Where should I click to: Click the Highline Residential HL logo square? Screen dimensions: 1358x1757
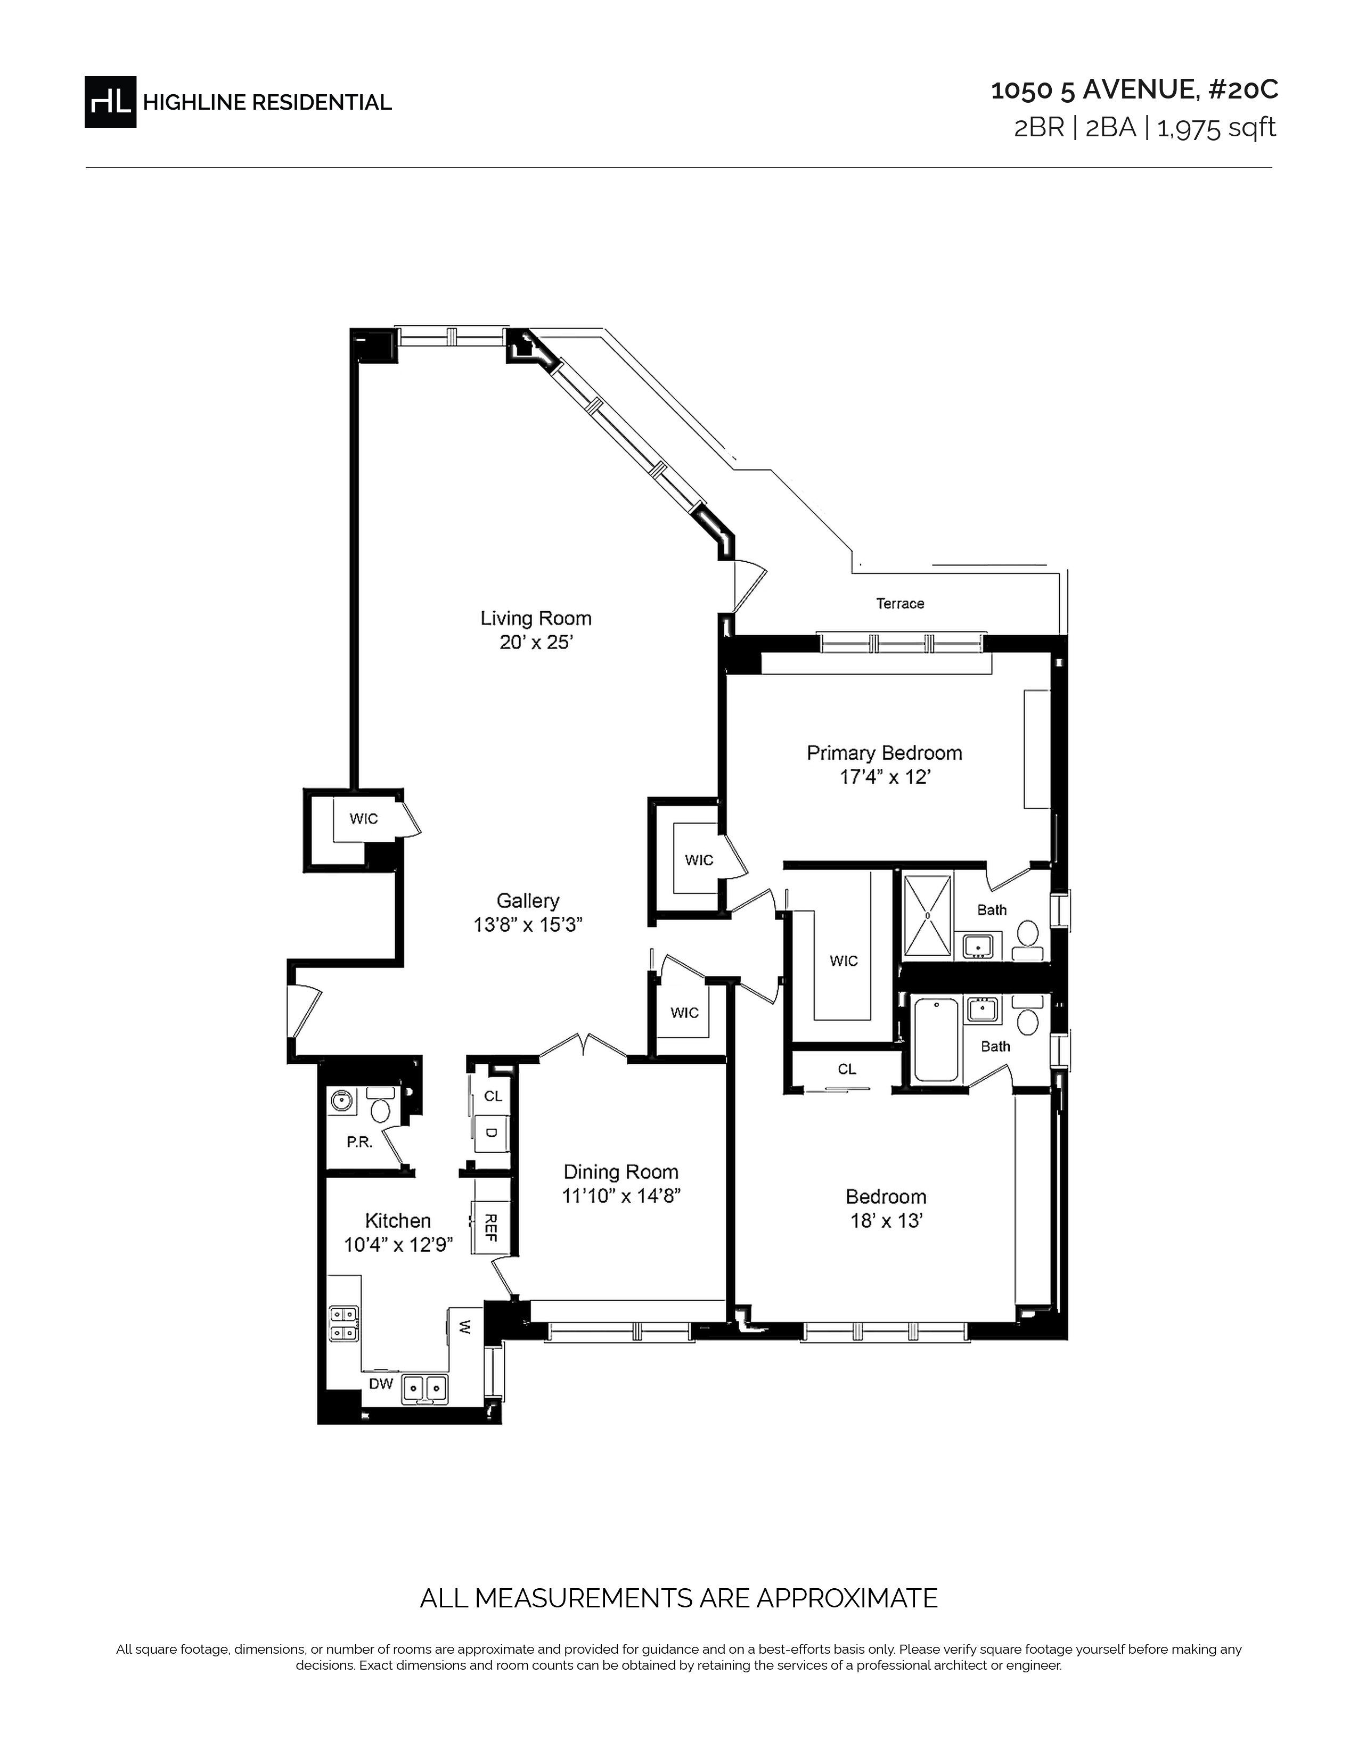(x=110, y=101)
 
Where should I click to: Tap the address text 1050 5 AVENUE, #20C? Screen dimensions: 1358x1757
(x=1134, y=90)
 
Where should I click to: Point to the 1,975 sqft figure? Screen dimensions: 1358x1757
(x=1216, y=128)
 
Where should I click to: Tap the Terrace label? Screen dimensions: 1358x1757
(x=900, y=603)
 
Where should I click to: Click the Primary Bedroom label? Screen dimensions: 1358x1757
(x=884, y=753)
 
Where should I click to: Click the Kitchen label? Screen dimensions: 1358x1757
(x=398, y=1220)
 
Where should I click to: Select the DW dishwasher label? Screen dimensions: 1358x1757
(x=381, y=1384)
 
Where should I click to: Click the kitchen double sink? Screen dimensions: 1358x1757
(x=426, y=1389)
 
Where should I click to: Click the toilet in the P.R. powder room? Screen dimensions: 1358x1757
(x=381, y=1105)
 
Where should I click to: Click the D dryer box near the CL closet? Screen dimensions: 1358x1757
(x=491, y=1134)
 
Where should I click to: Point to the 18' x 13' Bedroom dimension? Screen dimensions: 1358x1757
(x=886, y=1220)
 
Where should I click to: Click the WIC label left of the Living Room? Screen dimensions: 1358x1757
(x=364, y=818)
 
